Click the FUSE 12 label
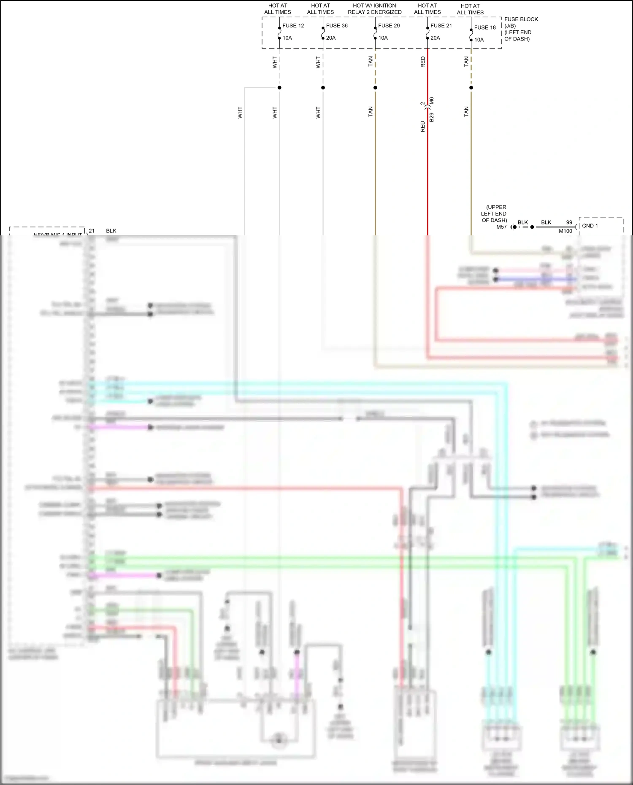coord(293,26)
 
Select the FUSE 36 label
coord(337,26)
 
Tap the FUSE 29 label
coord(389,26)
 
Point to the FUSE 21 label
coord(441,26)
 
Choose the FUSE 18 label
coord(485,27)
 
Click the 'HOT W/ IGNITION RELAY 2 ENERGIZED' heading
coord(374,9)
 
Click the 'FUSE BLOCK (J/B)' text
coord(521,22)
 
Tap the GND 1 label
coord(590,226)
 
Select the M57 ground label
coord(501,227)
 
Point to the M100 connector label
coord(565,231)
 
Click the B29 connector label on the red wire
coord(431,117)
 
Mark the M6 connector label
coord(431,101)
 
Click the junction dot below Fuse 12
coord(279,88)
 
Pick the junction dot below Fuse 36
coord(323,88)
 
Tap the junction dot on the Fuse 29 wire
coord(375,88)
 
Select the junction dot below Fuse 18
coord(471,88)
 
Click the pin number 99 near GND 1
coord(569,222)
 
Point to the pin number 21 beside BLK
coord(92,231)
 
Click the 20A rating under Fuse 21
coord(435,38)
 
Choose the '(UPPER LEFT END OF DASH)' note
coord(494,213)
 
